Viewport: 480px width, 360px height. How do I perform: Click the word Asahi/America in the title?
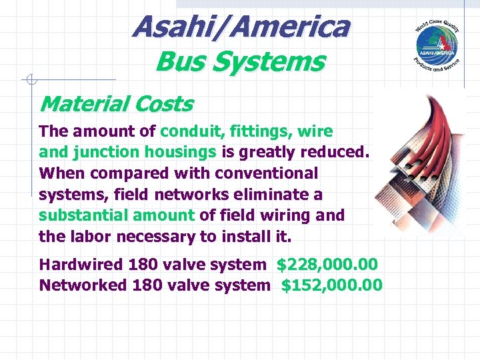(240, 27)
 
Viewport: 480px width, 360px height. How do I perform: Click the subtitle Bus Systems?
(239, 62)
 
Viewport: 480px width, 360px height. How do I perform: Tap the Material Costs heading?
(116, 104)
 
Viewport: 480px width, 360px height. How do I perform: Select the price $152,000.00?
(332, 285)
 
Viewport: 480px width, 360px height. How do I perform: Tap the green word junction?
(104, 152)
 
